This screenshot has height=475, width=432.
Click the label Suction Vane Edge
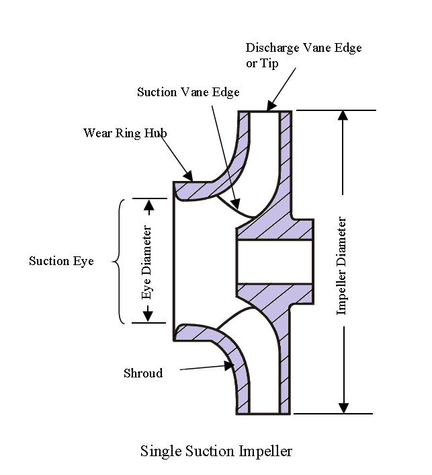pos(188,92)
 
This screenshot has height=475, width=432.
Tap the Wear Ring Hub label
pos(125,133)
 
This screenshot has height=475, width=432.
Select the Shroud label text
pos(143,373)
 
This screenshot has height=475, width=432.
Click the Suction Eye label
pos(61,261)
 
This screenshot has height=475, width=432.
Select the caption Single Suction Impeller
pos(216,451)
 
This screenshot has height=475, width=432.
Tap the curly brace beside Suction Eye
pos(120,261)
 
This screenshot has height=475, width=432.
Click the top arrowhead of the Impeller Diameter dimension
pos(343,115)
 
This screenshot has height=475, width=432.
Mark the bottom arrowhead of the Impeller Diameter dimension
pos(343,408)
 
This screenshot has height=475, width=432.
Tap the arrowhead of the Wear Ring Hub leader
pos(192,178)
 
